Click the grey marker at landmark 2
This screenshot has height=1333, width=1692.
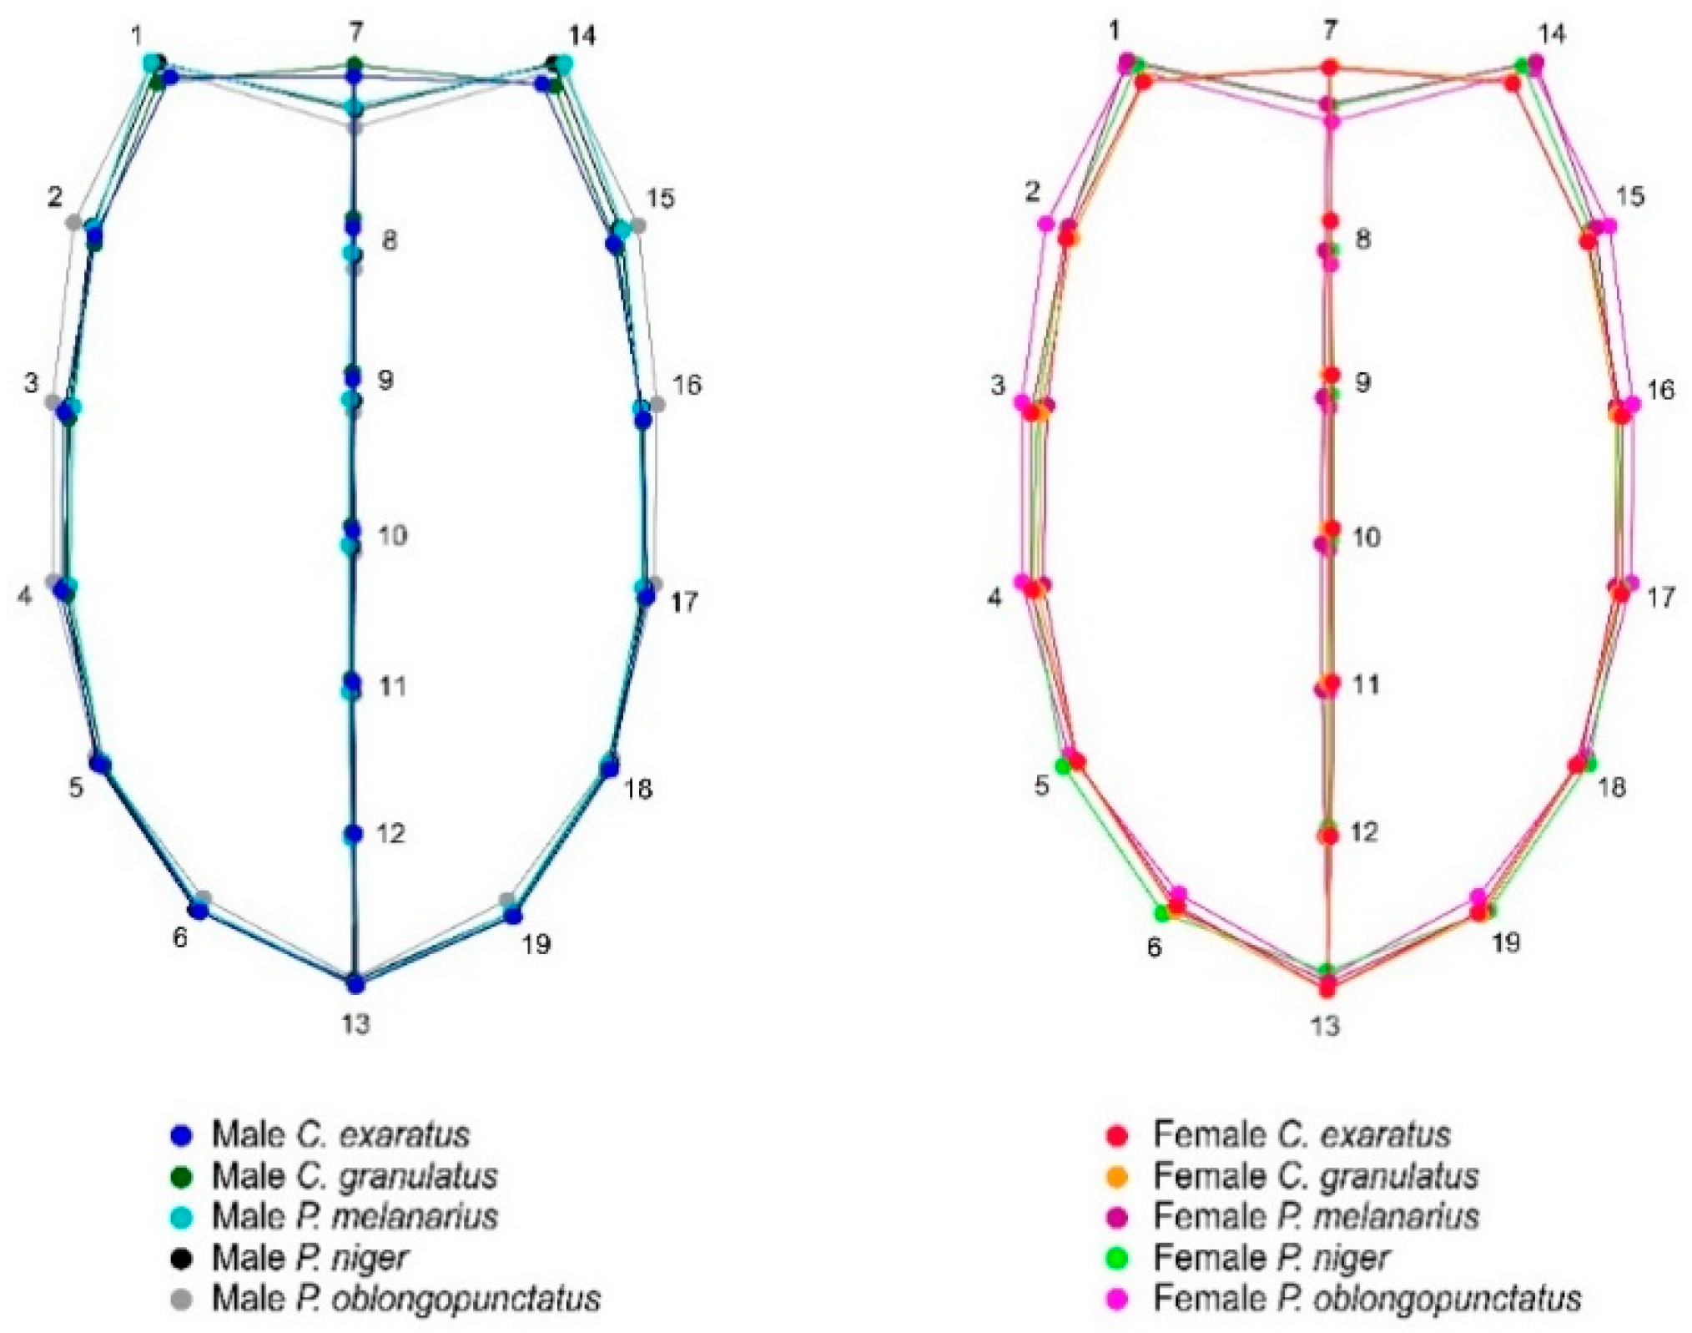[73, 222]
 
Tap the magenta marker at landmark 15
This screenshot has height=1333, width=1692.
[1609, 225]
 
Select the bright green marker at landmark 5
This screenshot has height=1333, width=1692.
[1064, 765]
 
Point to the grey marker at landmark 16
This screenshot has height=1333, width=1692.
[657, 404]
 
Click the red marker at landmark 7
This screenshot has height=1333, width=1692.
[1331, 67]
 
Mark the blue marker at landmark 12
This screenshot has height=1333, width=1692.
[355, 834]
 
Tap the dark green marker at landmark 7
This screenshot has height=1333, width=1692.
[355, 64]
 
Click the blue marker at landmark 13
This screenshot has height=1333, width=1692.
[356, 984]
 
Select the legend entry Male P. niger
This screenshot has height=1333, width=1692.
[310, 1257]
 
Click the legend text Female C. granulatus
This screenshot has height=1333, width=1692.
[1316, 1176]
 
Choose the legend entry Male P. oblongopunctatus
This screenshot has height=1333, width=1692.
[405, 1298]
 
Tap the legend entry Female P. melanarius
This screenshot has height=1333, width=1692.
[1316, 1216]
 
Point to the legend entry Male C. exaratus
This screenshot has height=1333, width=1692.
[340, 1134]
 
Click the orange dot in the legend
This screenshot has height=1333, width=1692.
[1116, 1176]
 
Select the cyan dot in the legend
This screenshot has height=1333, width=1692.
[180, 1217]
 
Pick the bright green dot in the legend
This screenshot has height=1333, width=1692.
[1116, 1257]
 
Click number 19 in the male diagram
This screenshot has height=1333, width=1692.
[536, 944]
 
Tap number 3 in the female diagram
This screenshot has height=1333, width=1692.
[998, 386]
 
